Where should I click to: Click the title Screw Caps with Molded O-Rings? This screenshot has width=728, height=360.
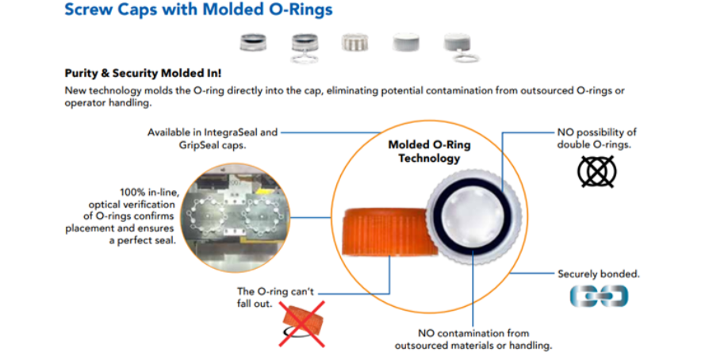[199, 10]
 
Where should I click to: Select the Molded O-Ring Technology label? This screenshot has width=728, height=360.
[429, 151]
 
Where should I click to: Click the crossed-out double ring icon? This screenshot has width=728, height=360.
[597, 171]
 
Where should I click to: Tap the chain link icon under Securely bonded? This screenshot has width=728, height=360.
[599, 296]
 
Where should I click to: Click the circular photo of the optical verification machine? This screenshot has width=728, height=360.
[235, 217]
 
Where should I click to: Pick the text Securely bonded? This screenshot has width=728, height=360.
[599, 274]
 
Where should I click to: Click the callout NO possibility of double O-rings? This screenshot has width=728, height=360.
[596, 139]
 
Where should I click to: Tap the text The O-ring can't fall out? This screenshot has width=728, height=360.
[276, 298]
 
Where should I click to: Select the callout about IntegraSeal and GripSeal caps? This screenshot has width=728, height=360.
[213, 138]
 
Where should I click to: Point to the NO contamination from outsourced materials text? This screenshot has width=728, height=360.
[473, 339]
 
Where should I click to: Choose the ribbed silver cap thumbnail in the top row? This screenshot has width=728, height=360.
[354, 42]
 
